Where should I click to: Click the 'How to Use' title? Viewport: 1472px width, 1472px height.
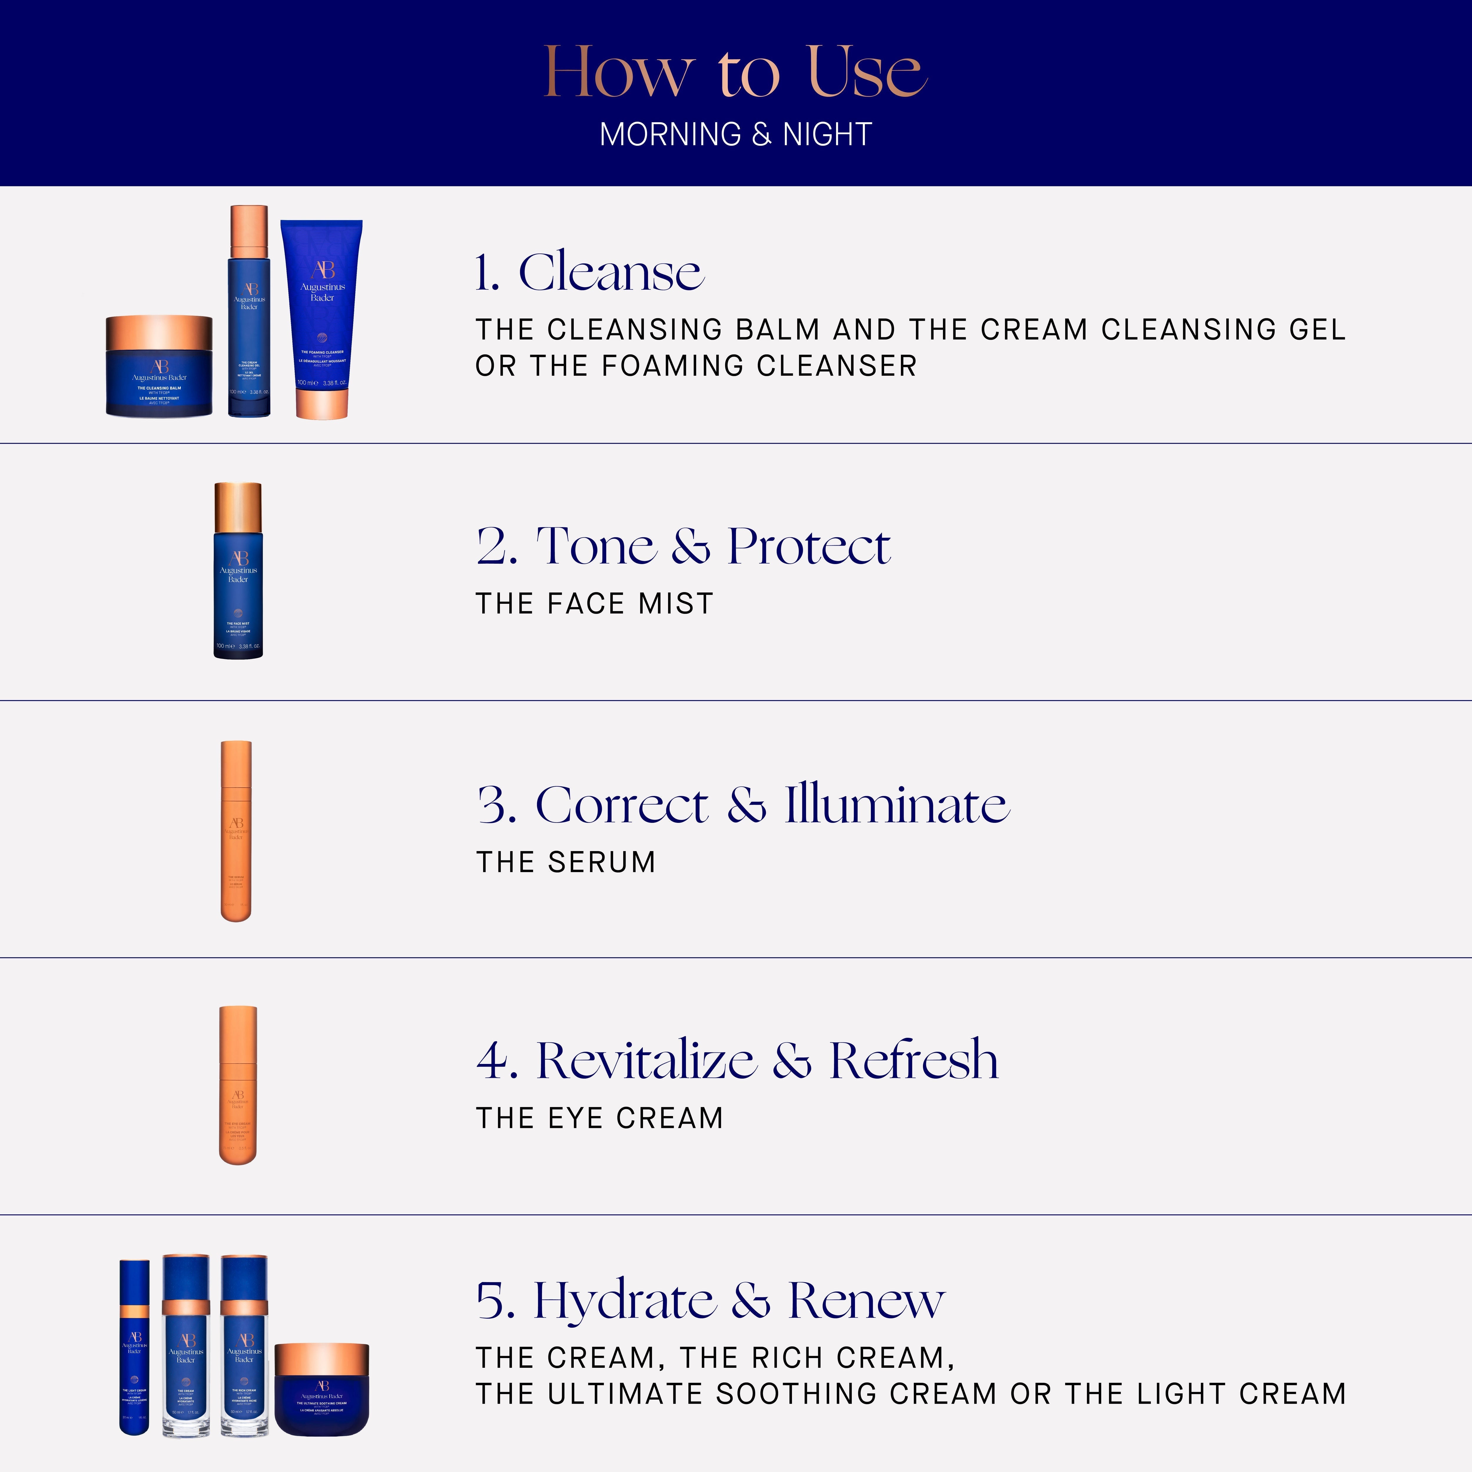pyautogui.click(x=735, y=72)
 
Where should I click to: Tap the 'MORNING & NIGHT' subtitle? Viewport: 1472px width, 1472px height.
pyautogui.click(x=735, y=135)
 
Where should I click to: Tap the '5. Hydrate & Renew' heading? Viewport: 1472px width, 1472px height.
pyautogui.click(x=710, y=1300)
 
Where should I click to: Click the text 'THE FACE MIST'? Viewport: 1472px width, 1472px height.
pyautogui.click(x=594, y=604)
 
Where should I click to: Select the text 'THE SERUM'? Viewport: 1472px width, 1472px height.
pyautogui.click(x=565, y=862)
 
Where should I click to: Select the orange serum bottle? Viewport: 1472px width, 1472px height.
pyautogui.click(x=236, y=831)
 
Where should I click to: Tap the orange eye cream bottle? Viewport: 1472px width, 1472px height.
pyautogui.click(x=238, y=1086)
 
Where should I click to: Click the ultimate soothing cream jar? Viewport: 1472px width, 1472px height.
pyautogui.click(x=321, y=1390)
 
